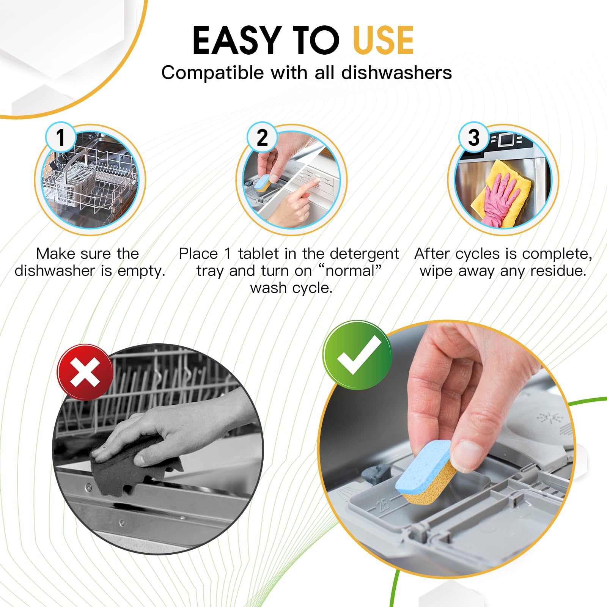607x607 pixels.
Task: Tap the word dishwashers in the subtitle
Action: pos(396,72)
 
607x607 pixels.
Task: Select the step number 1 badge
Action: pos(60,137)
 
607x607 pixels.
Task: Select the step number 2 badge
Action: pos(262,137)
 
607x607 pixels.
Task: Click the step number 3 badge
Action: pos(473,137)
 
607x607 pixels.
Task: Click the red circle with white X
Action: pos(85,372)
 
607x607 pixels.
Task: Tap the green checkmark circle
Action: pos(357,355)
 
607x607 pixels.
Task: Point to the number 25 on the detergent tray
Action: pos(383,505)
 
